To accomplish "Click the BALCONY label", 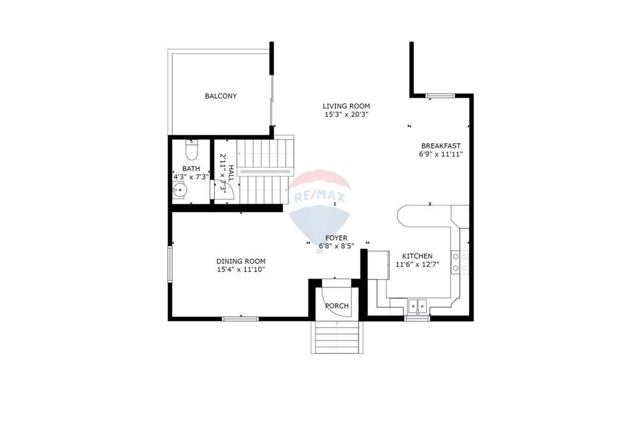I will [x=220, y=96].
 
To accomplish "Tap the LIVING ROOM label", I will [x=346, y=106].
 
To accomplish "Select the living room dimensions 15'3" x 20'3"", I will [x=346, y=115].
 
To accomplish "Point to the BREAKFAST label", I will [x=440, y=146].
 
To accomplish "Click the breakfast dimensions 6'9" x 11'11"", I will [x=440, y=154].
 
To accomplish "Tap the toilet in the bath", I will [x=191, y=151].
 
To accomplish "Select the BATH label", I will [x=190, y=169].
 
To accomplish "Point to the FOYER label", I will [x=336, y=238].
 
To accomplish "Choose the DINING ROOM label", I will [x=240, y=261].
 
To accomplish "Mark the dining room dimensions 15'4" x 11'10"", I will [x=240, y=270].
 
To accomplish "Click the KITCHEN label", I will [x=417, y=256].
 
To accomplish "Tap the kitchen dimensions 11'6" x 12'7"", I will [x=417, y=264].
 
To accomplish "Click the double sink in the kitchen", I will [x=417, y=305].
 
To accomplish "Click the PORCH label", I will [x=337, y=306].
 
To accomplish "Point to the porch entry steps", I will [x=336, y=336].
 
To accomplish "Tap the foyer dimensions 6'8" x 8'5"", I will [x=336, y=246].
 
